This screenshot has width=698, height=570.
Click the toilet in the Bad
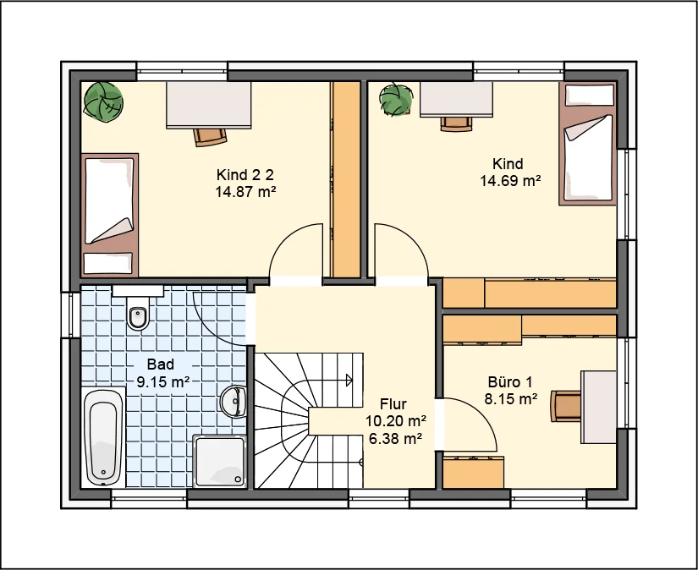(138, 313)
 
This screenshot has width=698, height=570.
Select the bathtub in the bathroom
(104, 438)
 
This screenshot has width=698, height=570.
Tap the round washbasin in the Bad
(234, 402)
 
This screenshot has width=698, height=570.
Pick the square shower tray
(219, 461)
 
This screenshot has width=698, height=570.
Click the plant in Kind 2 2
(103, 101)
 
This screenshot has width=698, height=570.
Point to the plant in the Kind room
(396, 99)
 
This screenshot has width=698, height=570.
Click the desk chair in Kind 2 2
(210, 136)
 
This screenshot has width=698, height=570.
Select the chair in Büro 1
(565, 405)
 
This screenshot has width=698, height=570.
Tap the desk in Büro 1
(598, 407)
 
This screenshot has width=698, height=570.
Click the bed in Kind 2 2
(109, 215)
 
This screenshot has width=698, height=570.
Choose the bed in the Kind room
(588, 144)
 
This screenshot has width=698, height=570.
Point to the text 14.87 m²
(245, 192)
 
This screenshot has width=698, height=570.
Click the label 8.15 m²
(510, 399)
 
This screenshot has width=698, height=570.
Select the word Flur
(393, 404)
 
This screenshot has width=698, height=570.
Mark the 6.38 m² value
(396, 439)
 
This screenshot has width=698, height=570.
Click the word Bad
(160, 364)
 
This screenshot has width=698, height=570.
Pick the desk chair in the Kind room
(456, 123)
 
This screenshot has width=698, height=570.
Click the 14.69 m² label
(510, 181)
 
